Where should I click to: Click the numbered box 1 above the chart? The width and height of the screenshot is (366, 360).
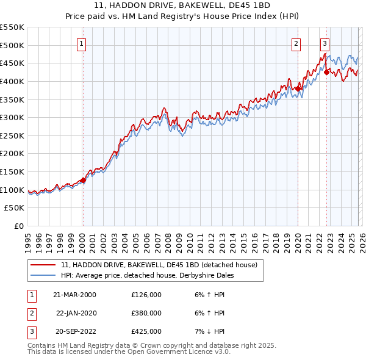(82, 43)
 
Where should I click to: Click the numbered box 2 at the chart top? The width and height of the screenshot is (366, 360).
(296, 43)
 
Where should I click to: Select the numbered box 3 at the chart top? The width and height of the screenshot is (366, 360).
(325, 43)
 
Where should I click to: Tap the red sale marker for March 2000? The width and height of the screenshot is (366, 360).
(84, 180)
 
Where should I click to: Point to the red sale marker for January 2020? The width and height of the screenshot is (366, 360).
(298, 88)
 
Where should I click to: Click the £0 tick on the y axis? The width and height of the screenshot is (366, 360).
(19, 226)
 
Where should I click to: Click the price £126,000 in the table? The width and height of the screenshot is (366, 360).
(146, 295)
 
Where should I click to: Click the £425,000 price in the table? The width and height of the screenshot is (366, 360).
(146, 331)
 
